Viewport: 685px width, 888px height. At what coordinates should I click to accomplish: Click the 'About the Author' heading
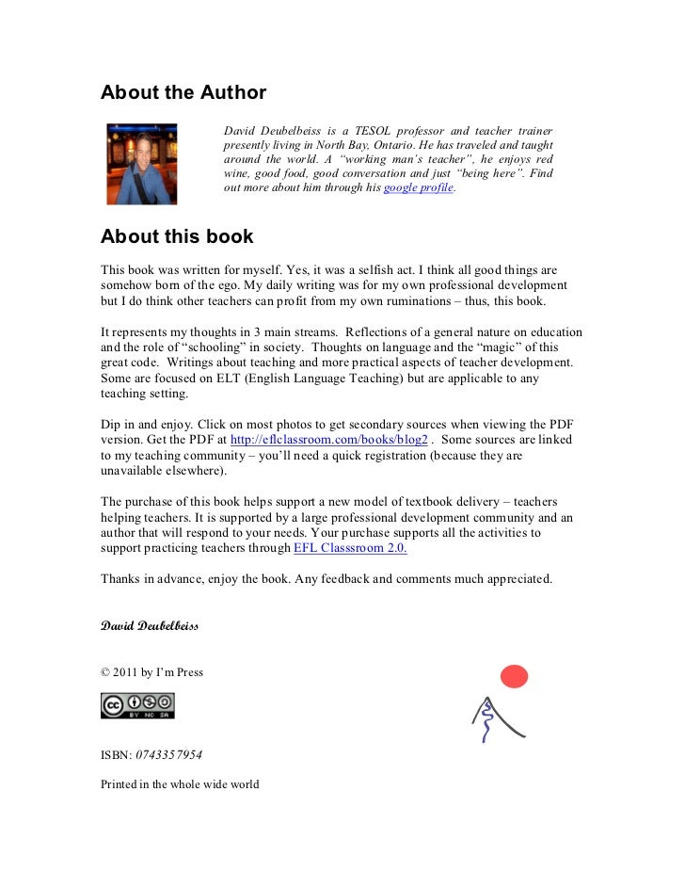click(183, 93)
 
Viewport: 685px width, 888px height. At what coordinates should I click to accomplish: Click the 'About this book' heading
click(177, 237)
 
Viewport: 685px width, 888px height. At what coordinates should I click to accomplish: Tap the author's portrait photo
click(142, 164)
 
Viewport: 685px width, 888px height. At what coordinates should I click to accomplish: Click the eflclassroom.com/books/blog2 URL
click(329, 440)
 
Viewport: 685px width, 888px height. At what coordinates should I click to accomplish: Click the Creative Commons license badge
click(137, 705)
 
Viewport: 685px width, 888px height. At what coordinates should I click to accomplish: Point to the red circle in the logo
click(514, 676)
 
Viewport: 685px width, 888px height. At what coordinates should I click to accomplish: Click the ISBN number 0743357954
click(168, 755)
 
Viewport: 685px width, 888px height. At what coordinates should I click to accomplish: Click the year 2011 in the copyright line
click(125, 672)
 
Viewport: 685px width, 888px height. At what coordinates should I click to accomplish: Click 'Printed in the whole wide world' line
click(180, 784)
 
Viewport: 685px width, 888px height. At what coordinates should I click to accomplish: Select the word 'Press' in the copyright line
click(187, 672)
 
